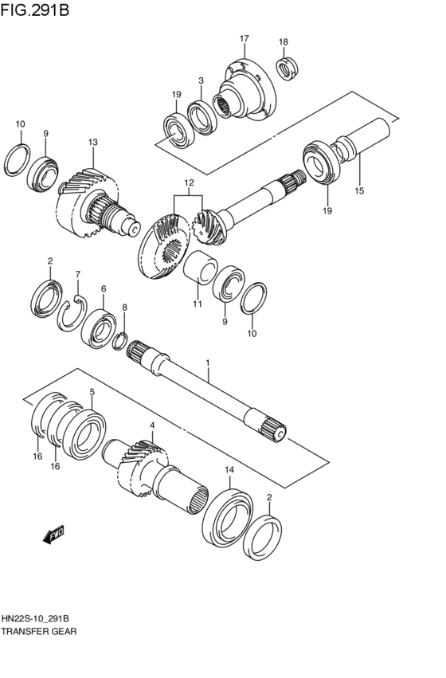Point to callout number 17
click(244, 38)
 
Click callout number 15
click(359, 190)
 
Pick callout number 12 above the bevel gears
click(189, 182)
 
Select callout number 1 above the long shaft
click(208, 363)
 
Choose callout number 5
click(92, 392)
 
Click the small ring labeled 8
click(121, 341)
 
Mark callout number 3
click(201, 81)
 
